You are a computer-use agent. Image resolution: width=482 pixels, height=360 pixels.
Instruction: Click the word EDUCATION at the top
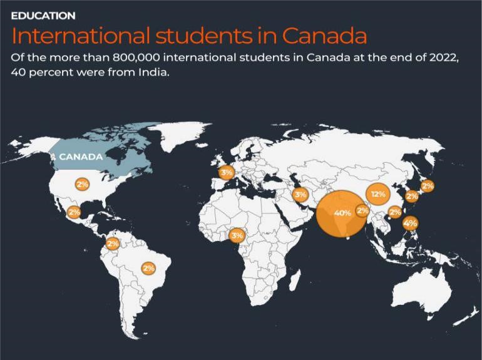coord(43,16)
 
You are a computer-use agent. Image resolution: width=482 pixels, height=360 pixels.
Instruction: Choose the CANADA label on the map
coord(81,157)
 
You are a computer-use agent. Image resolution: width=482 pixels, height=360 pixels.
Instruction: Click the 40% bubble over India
coord(342,213)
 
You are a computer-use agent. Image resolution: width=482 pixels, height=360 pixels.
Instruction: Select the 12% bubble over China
coord(377,194)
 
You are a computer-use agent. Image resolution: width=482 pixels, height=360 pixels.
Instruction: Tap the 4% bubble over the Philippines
coord(411,223)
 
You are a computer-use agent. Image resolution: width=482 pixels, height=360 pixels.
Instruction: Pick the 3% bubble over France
coord(227,172)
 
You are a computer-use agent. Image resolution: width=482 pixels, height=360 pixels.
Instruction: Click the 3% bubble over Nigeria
coord(237,236)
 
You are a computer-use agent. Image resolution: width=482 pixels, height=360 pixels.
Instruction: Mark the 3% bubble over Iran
coord(300,195)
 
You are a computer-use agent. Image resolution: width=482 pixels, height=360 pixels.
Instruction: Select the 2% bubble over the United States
coord(83,184)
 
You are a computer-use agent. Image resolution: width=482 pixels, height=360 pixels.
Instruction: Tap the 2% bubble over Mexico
coord(74,212)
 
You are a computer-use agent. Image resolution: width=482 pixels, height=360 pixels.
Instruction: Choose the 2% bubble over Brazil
coord(148,268)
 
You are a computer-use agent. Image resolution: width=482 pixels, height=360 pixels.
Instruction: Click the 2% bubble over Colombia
coord(113,244)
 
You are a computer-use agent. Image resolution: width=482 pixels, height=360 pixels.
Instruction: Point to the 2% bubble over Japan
coord(428,186)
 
